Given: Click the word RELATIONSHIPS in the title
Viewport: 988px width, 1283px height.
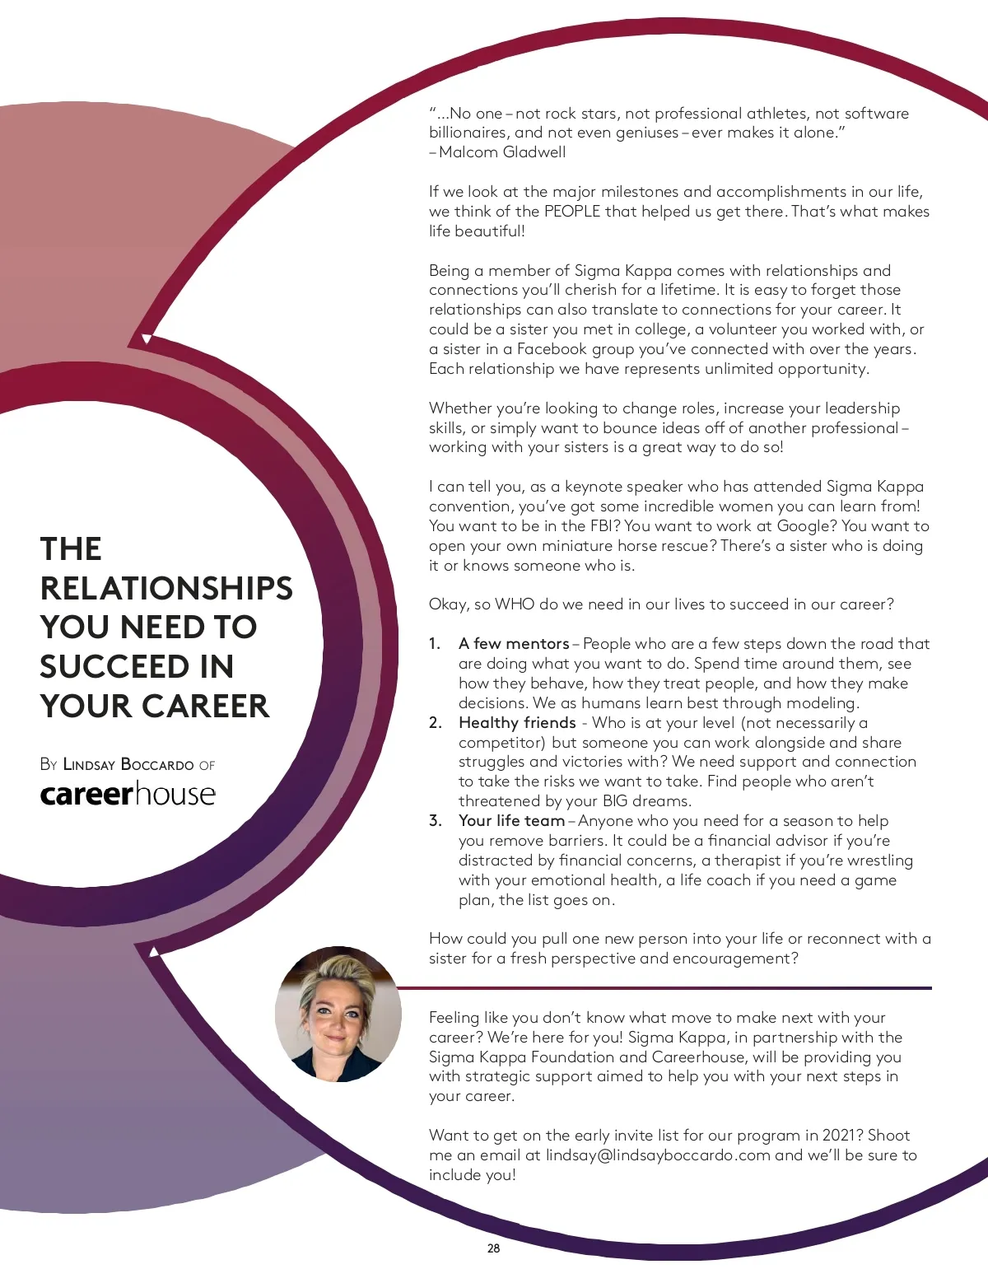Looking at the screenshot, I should tap(166, 588).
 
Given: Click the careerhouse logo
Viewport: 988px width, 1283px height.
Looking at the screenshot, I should tap(128, 794).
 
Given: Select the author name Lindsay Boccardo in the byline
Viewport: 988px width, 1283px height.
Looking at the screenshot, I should tap(128, 764).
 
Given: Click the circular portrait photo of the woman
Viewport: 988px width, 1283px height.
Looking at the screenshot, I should tap(338, 1014).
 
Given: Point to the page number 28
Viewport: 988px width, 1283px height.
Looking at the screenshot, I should tap(493, 1248).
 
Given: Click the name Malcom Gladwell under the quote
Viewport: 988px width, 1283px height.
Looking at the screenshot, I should tap(502, 152).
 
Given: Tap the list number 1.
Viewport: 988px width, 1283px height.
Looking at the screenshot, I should tap(434, 644).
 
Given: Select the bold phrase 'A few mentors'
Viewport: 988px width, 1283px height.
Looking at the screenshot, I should tap(514, 644).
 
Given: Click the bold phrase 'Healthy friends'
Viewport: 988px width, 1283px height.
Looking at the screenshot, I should tap(517, 723).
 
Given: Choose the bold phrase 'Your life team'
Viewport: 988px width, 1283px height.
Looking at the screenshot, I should tap(511, 821).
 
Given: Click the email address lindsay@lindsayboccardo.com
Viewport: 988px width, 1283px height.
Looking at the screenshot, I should tap(658, 1155).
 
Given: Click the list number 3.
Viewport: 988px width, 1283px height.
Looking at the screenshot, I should tap(435, 821).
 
